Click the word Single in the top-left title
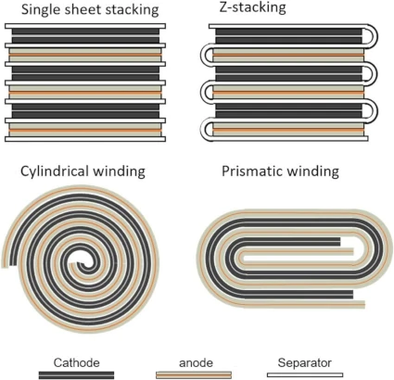tap(40, 10)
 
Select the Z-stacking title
tap(252, 7)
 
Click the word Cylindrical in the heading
tap(55, 171)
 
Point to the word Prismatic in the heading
tap(253, 171)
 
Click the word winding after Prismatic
tap(313, 171)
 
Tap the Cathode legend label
tap(76, 362)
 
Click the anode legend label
tap(196, 362)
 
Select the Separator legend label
tap(304, 362)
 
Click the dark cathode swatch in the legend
tap(76, 375)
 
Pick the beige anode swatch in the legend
tap(194, 374)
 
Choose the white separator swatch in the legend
tap(305, 374)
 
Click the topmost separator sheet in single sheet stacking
tap(85, 26)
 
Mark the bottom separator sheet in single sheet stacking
tap(85, 139)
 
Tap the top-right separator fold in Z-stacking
tap(373, 36)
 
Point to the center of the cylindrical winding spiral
tap(83, 263)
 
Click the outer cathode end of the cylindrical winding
tap(13, 260)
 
